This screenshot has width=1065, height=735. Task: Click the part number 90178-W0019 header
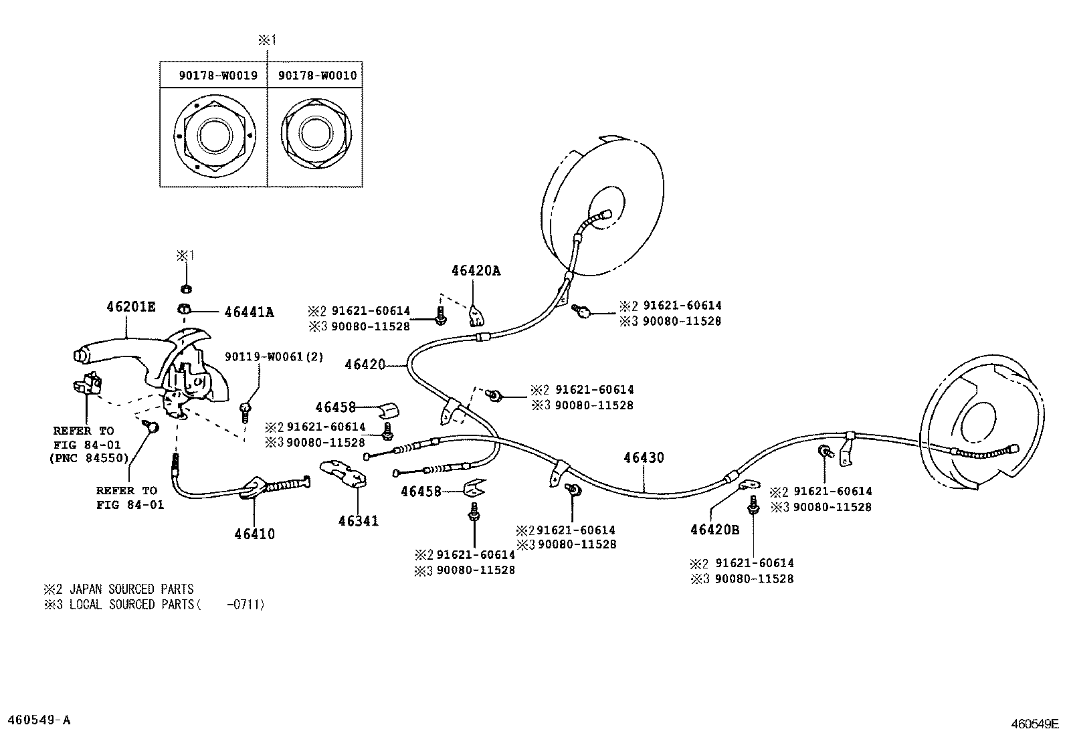tap(217, 76)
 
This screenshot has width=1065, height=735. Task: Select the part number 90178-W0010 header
tap(317, 76)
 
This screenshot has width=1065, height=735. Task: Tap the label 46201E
tap(130, 307)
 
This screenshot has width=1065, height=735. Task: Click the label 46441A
tap(249, 312)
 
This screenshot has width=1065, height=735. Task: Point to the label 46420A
tap(476, 271)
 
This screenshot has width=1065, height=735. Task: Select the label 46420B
tap(714, 530)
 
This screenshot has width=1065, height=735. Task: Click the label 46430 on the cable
tap(644, 458)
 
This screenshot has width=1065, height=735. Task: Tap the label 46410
tap(254, 534)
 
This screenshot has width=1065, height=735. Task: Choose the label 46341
tap(358, 521)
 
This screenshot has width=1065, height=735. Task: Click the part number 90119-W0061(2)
tap(274, 357)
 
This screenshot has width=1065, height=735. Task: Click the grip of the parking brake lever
tap(97, 355)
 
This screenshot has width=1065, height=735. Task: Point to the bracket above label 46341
tap(345, 474)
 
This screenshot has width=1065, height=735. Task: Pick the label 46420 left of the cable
tap(365, 364)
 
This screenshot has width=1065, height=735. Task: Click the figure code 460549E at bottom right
tap(1034, 724)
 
